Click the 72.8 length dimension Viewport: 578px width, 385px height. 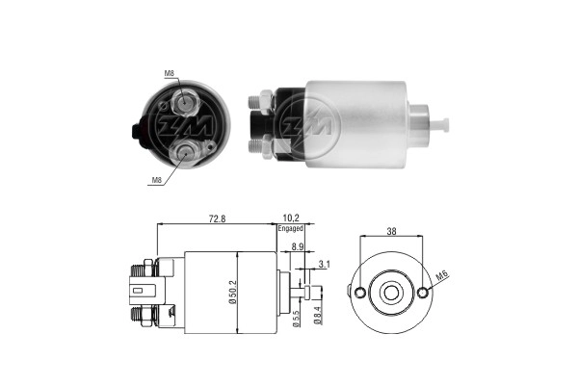[x=217, y=218]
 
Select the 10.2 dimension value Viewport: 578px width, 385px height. [x=291, y=218]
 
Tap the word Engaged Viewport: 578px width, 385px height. [x=291, y=228]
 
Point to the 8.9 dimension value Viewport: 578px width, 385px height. [x=298, y=246]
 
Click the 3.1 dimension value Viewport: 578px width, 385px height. [x=325, y=264]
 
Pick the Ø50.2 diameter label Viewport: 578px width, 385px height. [x=232, y=293]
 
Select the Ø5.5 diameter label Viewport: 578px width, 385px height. [x=296, y=319]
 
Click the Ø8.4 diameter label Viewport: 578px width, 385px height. [x=318, y=316]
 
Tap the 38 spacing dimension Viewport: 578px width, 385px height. [x=391, y=231]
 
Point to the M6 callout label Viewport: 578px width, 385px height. [x=442, y=275]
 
